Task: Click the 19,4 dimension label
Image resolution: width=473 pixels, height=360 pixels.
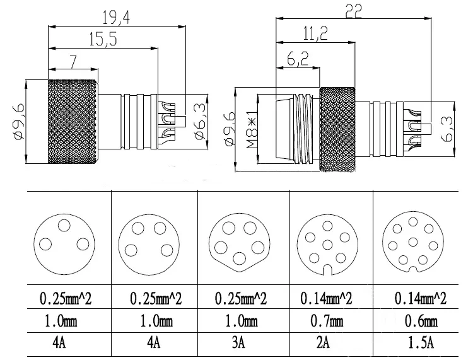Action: [x=117, y=18]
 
